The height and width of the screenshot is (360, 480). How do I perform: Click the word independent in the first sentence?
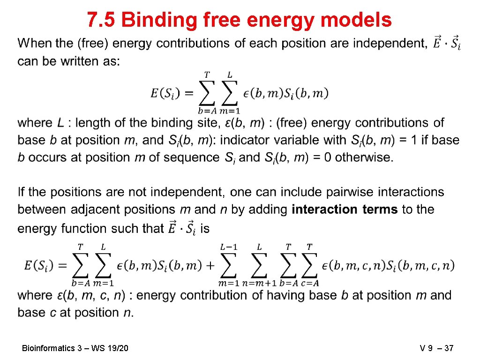pyautogui.click(x=389, y=44)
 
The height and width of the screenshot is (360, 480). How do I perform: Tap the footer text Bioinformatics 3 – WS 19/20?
pyautogui.click(x=75, y=348)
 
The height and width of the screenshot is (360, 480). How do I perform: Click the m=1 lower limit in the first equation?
pyautogui.click(x=230, y=111)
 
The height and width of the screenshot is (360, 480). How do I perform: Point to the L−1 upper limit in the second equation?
pyautogui.click(x=228, y=247)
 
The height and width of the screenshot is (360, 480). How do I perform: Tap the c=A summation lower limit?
pyautogui.click(x=309, y=283)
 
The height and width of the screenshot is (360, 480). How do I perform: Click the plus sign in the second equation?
pyautogui.click(x=209, y=265)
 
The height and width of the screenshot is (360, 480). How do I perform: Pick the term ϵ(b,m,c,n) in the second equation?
pyautogui.click(x=353, y=265)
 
